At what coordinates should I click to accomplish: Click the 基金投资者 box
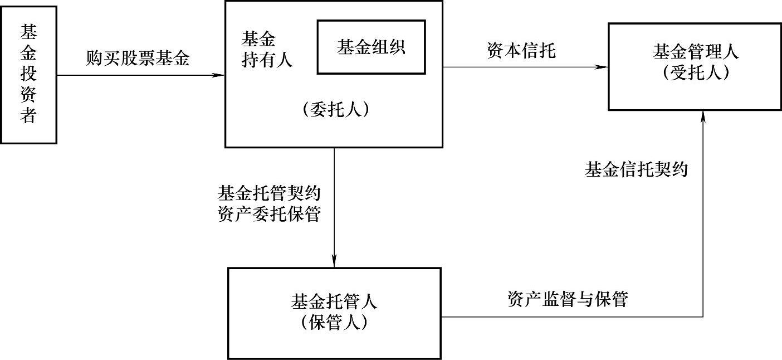click(x=29, y=74)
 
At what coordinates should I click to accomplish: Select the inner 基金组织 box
click(x=371, y=47)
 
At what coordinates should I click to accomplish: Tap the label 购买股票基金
click(x=138, y=59)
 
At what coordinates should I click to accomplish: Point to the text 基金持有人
click(x=266, y=50)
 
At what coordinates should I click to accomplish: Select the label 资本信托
click(x=521, y=51)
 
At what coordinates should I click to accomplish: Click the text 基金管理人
click(x=696, y=53)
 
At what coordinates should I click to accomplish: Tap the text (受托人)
click(x=696, y=73)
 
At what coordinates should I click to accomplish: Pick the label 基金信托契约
click(x=636, y=169)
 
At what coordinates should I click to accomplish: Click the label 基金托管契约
click(x=270, y=194)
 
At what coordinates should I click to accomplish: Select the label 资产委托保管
click(x=270, y=213)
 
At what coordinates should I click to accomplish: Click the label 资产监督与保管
click(x=568, y=299)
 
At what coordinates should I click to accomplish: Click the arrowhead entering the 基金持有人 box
click(x=219, y=74)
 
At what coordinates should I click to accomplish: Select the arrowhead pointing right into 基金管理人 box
click(x=602, y=67)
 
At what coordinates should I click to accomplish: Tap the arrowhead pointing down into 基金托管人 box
click(x=334, y=261)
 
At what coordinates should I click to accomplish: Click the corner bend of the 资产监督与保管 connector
click(x=703, y=317)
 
